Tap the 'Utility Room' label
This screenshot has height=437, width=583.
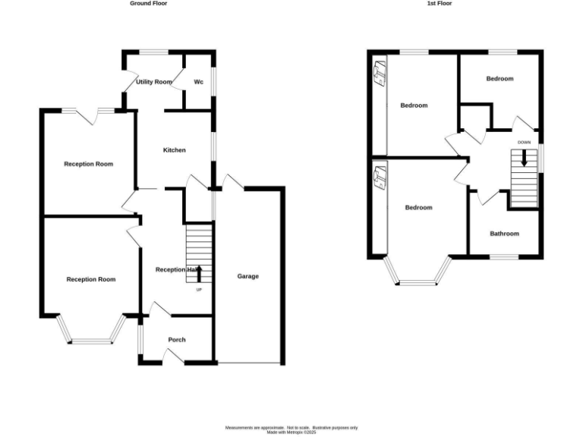(x=154, y=81)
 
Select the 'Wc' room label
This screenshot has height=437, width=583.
(x=198, y=81)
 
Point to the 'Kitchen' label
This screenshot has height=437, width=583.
(x=174, y=150)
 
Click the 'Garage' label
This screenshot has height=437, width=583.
(x=247, y=276)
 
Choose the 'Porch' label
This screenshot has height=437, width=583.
(x=176, y=340)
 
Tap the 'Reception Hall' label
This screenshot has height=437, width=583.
(x=177, y=269)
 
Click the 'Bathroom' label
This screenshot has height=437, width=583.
(x=504, y=234)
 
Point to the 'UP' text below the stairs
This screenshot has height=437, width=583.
(x=200, y=290)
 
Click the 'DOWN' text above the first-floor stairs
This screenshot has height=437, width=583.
(x=524, y=143)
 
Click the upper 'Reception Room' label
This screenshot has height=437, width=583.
(x=88, y=164)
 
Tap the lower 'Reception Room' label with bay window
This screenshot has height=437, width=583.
(x=91, y=279)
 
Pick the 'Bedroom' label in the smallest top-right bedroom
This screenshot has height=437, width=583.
(x=499, y=79)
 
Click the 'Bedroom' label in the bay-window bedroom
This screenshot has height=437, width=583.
(x=418, y=208)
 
